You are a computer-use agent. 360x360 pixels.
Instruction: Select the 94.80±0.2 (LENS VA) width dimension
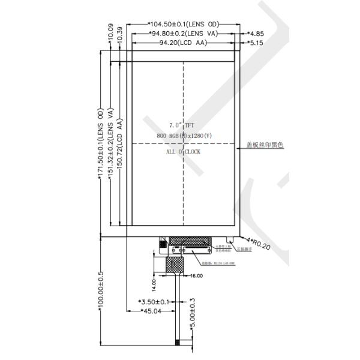[183, 34]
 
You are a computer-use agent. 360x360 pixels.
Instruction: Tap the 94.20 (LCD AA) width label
[183, 43]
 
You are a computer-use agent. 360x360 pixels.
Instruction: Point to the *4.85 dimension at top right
[256, 34]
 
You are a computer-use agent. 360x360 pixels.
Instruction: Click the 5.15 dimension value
[256, 43]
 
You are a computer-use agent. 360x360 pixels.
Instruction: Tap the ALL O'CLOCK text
[183, 152]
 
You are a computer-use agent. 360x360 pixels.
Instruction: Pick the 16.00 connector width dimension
[196, 276]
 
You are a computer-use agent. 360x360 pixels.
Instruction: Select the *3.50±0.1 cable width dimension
[154, 301]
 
